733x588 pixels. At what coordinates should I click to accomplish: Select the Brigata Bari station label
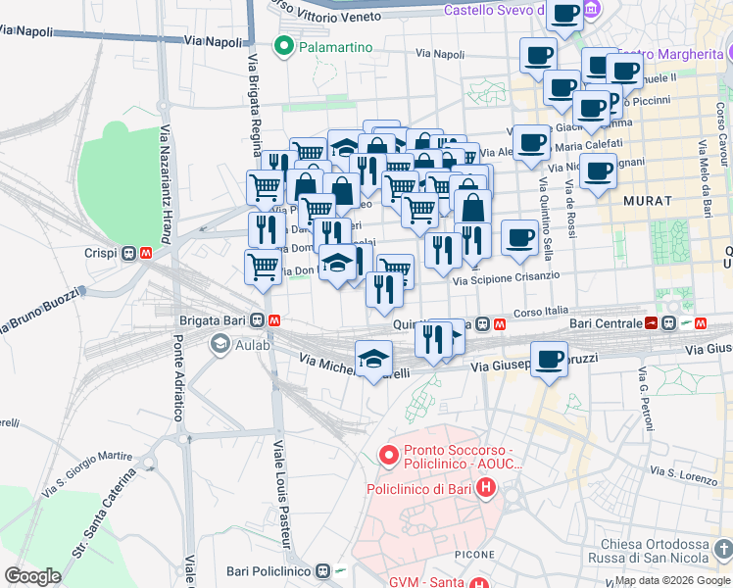[x=213, y=320]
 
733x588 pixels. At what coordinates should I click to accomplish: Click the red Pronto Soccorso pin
[x=388, y=456]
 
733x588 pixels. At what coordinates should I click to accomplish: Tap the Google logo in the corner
[x=32, y=576]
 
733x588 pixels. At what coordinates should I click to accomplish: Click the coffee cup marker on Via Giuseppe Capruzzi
[x=549, y=359]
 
